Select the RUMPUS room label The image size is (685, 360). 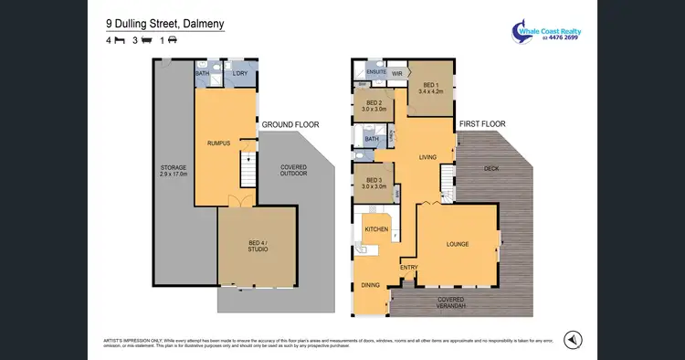pyautogui.click(x=218, y=143)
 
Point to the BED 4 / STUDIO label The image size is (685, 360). pyautogui.click(x=257, y=246)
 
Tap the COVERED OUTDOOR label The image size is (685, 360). pyautogui.click(x=293, y=170)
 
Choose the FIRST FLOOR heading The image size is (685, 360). pyautogui.click(x=482, y=123)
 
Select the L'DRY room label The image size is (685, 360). pyautogui.click(x=241, y=73)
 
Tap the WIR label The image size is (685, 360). pyautogui.click(x=397, y=73)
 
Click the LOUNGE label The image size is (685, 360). pyautogui.click(x=458, y=245)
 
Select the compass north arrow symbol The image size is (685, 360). pyautogui.click(x=571, y=339)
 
